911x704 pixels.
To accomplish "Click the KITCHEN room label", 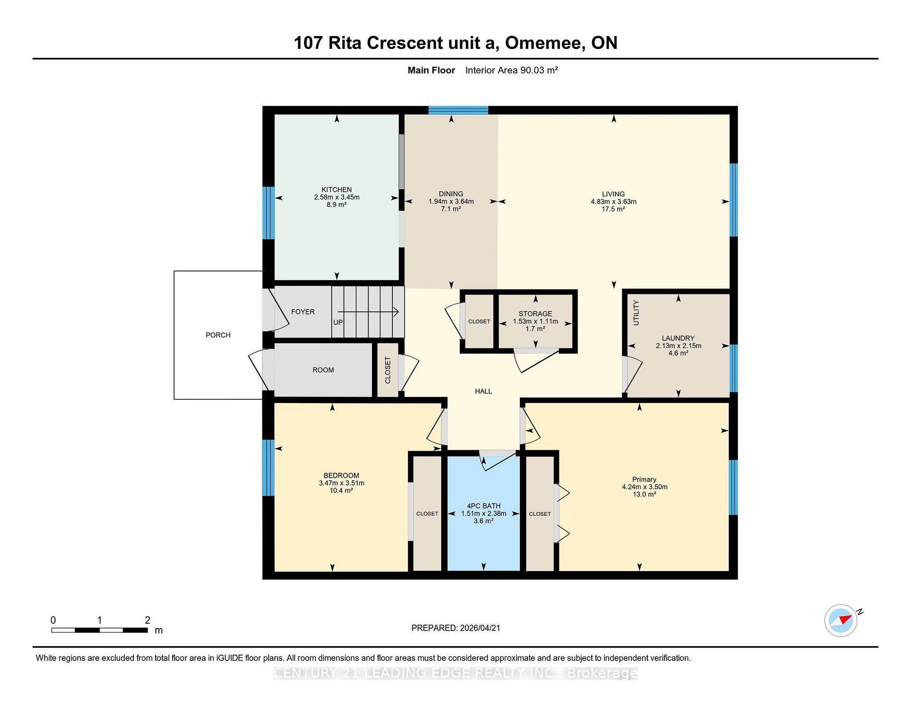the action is tap(336, 190).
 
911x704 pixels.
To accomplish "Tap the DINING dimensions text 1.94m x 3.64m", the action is tap(451, 201).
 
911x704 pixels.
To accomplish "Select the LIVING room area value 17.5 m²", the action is tap(613, 209).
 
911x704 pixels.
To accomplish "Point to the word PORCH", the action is tap(218, 335).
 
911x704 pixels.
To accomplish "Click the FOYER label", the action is tap(303, 312).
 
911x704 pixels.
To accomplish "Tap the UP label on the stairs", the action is tap(338, 322).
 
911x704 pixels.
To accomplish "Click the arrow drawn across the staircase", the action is tap(368, 312).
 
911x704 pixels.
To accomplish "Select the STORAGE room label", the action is tap(535, 314).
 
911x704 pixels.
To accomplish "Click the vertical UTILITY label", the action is tap(636, 313).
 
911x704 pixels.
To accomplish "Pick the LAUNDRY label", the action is tap(678, 338).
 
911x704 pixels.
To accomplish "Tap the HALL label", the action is tap(483, 391).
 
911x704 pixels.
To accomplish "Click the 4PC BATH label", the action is tap(483, 506).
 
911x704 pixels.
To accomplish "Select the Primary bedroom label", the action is tap(644, 479).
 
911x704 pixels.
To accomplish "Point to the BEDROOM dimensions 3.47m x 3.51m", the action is tap(342, 483).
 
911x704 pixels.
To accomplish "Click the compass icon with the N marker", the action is tap(841, 620).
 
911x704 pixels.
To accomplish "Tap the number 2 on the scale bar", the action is tap(148, 620).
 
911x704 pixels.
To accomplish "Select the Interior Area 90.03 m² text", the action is tap(511, 70).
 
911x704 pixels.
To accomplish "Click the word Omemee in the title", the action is tap(544, 43).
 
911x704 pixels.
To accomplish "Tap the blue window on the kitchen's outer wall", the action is tap(269, 213).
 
